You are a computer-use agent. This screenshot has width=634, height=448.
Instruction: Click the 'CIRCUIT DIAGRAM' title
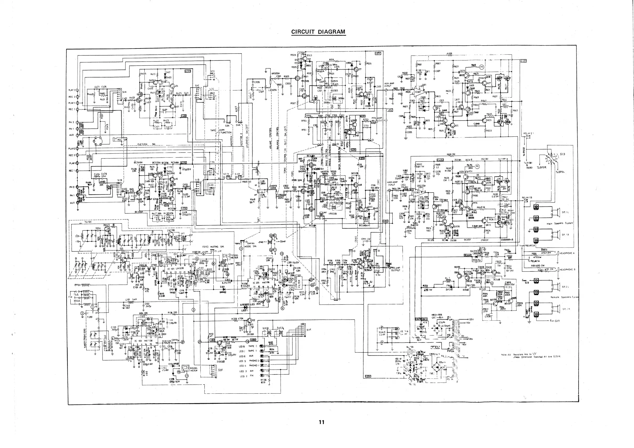(x=318, y=32)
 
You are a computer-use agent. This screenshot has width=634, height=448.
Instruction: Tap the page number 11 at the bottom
(x=322, y=422)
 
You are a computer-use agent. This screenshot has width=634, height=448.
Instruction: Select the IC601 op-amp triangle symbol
(x=418, y=92)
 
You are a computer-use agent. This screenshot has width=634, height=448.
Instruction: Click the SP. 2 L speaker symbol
(x=555, y=287)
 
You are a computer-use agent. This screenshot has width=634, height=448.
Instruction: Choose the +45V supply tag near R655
(x=523, y=61)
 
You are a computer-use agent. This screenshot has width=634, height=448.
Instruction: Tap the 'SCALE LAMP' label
(x=382, y=333)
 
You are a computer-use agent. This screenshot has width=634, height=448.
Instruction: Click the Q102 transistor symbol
(x=249, y=321)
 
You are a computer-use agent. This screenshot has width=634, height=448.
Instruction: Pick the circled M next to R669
(x=482, y=67)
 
